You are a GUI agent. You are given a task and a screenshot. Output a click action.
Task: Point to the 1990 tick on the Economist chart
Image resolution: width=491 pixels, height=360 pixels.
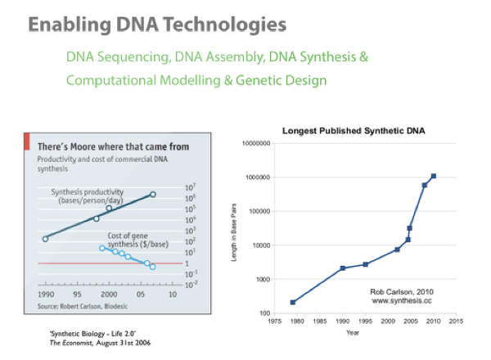(45, 293)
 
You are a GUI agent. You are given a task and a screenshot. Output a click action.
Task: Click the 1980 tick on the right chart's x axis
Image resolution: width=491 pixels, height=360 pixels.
(298, 321)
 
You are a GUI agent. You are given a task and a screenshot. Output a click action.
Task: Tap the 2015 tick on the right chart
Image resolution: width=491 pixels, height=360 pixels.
(456, 321)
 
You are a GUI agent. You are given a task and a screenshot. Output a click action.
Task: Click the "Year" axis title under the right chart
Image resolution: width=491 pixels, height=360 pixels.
(353, 332)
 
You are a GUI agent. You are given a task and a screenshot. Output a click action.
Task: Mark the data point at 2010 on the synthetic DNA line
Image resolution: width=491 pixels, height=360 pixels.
(433, 176)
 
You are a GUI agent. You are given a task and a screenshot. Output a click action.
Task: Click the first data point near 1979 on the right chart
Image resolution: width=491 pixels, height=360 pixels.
(293, 302)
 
